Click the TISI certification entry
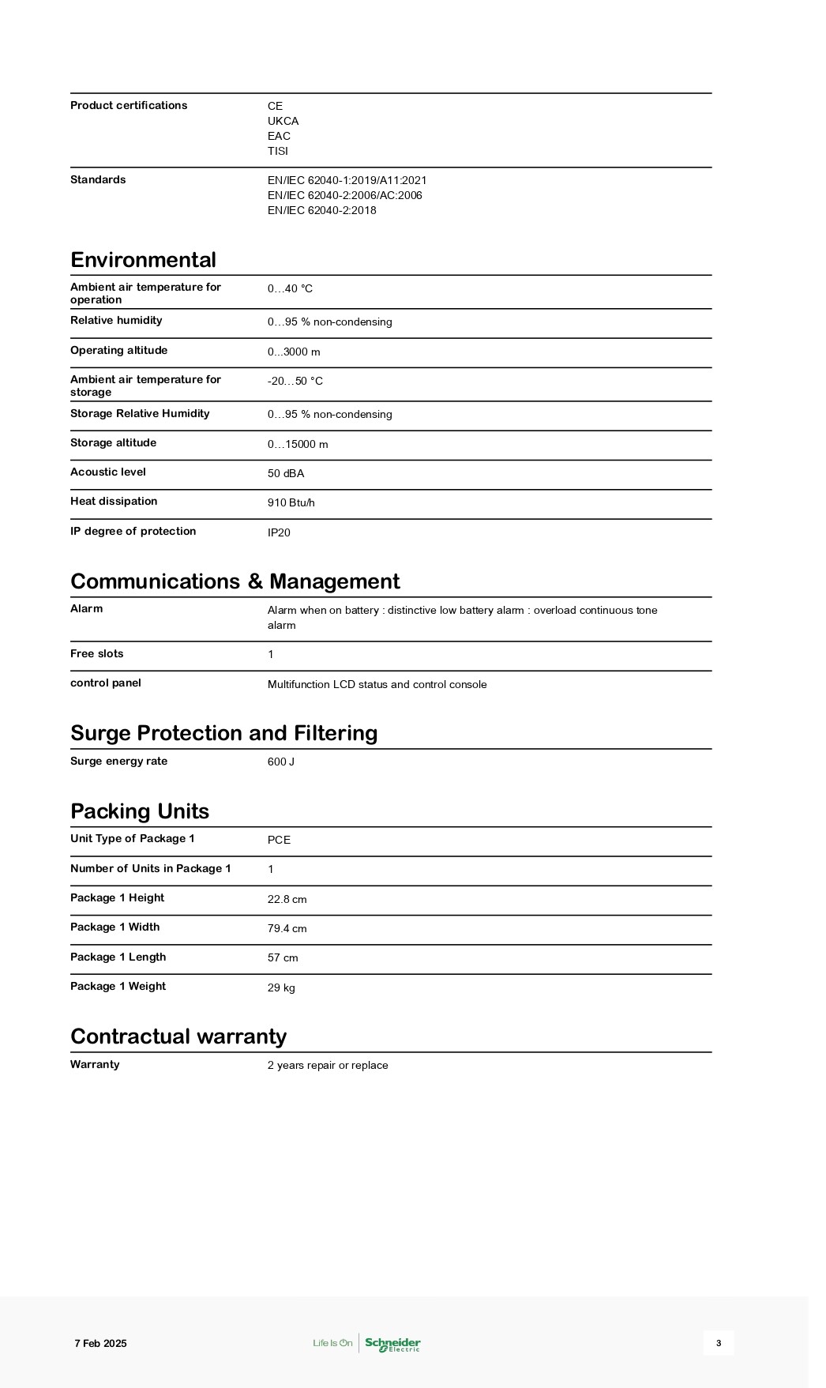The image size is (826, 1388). point(278,151)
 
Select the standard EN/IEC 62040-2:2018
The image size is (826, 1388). point(321,210)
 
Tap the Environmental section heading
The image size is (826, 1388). point(143,260)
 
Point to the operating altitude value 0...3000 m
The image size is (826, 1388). point(294,352)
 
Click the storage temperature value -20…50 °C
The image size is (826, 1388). point(295,381)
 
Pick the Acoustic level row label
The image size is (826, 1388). point(108,472)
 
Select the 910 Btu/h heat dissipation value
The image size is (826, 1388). point(291,502)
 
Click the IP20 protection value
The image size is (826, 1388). point(279,532)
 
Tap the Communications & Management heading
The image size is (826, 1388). point(235,581)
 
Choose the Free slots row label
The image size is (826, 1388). point(96,654)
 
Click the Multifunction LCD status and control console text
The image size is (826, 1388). point(377,684)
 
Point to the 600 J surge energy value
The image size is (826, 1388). point(280,762)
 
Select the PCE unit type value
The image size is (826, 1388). point(279,840)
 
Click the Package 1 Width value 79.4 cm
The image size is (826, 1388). point(287,928)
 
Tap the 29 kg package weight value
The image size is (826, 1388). point(281,987)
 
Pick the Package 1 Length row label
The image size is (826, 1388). point(118,957)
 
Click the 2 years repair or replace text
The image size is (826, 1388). point(328,1065)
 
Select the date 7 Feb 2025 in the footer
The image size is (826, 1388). point(100,1343)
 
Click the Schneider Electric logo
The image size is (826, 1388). point(392,1343)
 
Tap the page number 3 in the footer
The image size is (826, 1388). point(719,1343)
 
